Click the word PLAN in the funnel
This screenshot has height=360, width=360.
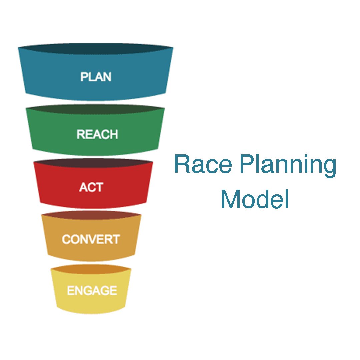pyautogui.click(x=96, y=77)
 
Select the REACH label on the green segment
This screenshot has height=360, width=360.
pyautogui.click(x=97, y=134)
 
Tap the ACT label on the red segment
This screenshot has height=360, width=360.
pyautogui.click(x=91, y=187)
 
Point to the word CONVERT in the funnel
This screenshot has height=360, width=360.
pyautogui.click(x=91, y=239)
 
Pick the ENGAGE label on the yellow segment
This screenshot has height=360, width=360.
pyautogui.click(x=92, y=290)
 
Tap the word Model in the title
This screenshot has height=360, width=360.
pyautogui.click(x=255, y=199)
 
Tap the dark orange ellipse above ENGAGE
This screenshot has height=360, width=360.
pyautogui.click(x=91, y=269)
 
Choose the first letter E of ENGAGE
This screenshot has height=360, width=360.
pyautogui.click(x=70, y=290)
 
